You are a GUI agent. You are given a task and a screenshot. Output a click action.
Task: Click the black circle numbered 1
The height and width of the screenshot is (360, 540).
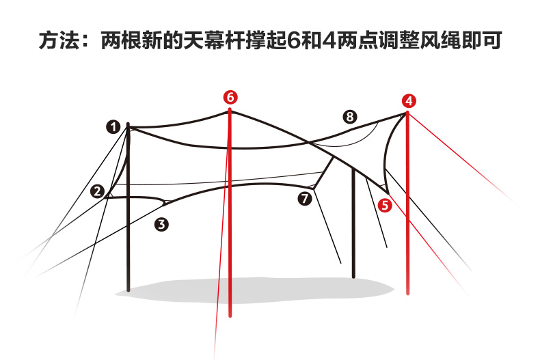click(x=113, y=126)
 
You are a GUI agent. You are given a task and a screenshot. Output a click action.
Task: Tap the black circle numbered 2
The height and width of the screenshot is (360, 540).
click(x=98, y=191)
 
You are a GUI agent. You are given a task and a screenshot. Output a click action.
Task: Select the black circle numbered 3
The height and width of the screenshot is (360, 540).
click(x=161, y=223)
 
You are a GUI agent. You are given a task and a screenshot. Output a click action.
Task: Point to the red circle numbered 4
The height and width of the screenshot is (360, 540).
click(x=409, y=101)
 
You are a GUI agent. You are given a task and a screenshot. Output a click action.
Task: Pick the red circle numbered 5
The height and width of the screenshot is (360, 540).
click(x=385, y=204)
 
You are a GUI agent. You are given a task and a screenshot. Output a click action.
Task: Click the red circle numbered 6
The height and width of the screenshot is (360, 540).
click(x=230, y=97)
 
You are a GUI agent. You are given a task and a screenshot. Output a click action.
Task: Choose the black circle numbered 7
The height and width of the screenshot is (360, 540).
click(x=305, y=198)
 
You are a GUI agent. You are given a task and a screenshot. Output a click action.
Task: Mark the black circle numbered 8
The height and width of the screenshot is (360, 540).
click(x=350, y=117)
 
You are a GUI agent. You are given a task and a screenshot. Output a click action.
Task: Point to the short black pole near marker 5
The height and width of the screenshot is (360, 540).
click(x=353, y=225)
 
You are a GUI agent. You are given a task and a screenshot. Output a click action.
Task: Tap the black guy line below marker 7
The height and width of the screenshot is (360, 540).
click(x=328, y=232)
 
